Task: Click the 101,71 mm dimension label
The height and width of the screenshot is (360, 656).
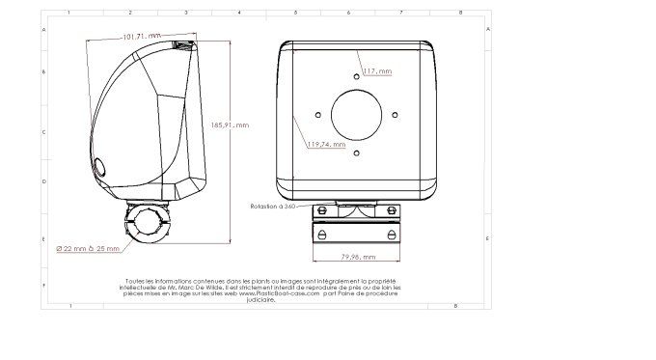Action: point(141,36)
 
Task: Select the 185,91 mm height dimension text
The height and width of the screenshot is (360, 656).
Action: point(229,125)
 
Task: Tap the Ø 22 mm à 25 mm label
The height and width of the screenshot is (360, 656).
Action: point(88,248)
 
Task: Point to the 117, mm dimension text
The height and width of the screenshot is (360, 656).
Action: point(377,71)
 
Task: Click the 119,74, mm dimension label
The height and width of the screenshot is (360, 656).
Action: point(326,144)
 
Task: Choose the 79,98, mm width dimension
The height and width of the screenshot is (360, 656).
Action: point(358,257)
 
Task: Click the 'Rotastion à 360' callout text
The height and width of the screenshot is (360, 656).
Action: point(272,207)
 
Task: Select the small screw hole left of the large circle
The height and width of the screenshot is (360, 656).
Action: point(318,114)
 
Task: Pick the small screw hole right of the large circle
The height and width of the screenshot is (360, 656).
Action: point(396,114)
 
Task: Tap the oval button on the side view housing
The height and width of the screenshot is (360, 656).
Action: point(100,167)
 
